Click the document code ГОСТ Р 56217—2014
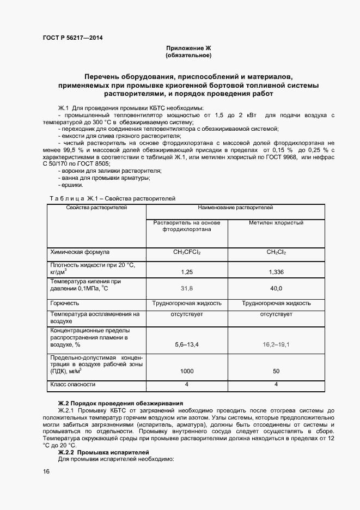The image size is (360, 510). (x=72, y=38)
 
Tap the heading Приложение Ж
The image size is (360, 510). (x=188, y=48)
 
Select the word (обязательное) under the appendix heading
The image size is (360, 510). (x=188, y=56)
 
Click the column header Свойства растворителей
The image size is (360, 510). (x=96, y=208)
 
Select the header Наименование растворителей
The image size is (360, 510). (x=235, y=208)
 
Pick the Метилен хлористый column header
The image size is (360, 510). (x=276, y=223)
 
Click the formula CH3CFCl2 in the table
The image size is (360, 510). (x=187, y=252)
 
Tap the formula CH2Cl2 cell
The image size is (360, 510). (x=276, y=252)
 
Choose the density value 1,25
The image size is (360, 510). (x=187, y=271)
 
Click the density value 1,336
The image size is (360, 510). (x=276, y=271)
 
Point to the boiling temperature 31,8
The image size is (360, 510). (x=187, y=288)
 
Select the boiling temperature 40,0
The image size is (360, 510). (x=276, y=288)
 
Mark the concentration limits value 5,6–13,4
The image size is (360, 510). (x=187, y=344)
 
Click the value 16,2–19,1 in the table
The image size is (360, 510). (x=276, y=344)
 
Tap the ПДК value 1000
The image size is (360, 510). (x=187, y=371)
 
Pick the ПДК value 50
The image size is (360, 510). (x=276, y=371)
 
